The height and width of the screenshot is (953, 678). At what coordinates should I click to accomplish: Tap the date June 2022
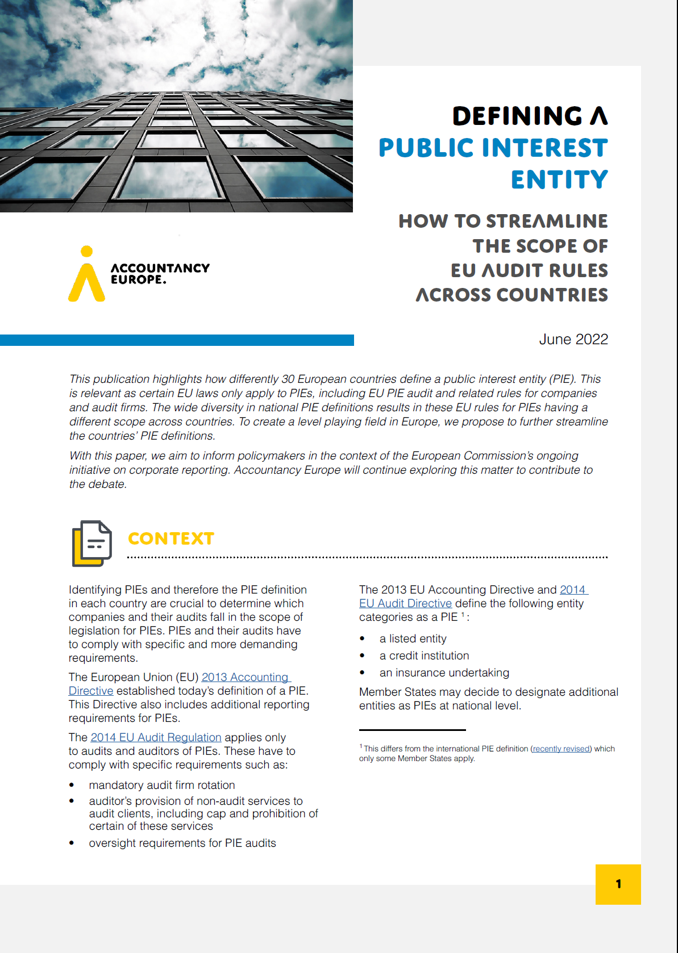coord(573,339)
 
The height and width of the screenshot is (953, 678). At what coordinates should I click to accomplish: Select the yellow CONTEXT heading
coord(171,538)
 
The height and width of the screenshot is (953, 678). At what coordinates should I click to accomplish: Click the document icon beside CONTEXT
coord(91,544)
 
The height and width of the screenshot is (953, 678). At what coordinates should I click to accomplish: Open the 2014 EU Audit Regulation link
coord(156,737)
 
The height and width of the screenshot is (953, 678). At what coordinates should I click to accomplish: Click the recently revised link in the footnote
coord(561,749)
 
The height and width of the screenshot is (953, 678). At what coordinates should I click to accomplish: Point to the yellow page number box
coord(618,884)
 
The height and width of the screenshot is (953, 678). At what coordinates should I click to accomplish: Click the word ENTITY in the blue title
coord(559,180)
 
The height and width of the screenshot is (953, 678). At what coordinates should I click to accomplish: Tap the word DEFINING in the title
coord(517,116)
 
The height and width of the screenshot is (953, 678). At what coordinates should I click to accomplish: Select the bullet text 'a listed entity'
coord(413,639)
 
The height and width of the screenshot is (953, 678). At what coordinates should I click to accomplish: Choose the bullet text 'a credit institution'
coord(424,656)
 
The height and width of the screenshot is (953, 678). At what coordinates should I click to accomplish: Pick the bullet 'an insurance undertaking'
coord(444,673)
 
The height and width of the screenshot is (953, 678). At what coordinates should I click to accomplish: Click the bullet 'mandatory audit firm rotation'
coord(162,785)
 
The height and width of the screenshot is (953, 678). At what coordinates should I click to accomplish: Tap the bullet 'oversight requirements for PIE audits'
coord(182,843)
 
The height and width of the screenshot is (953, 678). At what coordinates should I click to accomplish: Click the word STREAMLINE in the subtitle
coord(547,221)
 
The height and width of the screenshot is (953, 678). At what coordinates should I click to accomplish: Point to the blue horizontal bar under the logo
coord(177,340)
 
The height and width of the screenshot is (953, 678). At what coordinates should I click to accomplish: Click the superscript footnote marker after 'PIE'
coord(463,615)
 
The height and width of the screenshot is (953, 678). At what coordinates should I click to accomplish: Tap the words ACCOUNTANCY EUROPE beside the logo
coord(160,273)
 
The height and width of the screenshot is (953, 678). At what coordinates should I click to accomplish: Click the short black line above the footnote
coord(412,730)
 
